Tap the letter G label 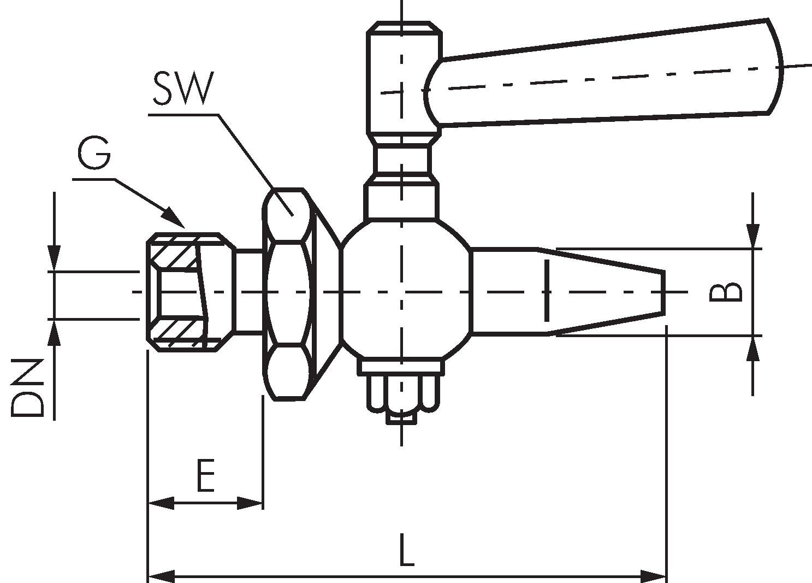point(94,153)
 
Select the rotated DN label point(27,387)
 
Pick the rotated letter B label point(725,292)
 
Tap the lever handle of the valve point(603,73)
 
